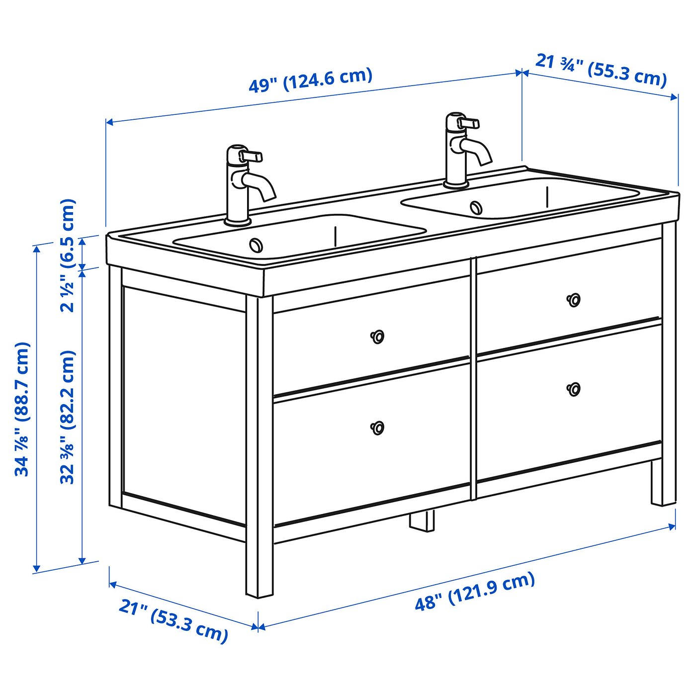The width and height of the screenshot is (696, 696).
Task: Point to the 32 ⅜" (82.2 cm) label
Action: pos(69,417)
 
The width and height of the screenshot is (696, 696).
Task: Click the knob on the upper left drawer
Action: pos(377,337)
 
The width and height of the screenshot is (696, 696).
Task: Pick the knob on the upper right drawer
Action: pos(574,299)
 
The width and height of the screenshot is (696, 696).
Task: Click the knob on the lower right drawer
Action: pos(574,389)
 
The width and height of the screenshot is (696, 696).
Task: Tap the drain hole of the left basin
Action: pos(257,245)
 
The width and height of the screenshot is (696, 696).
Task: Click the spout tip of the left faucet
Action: pos(270,197)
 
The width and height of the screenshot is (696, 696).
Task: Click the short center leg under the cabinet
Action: pos(421,521)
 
